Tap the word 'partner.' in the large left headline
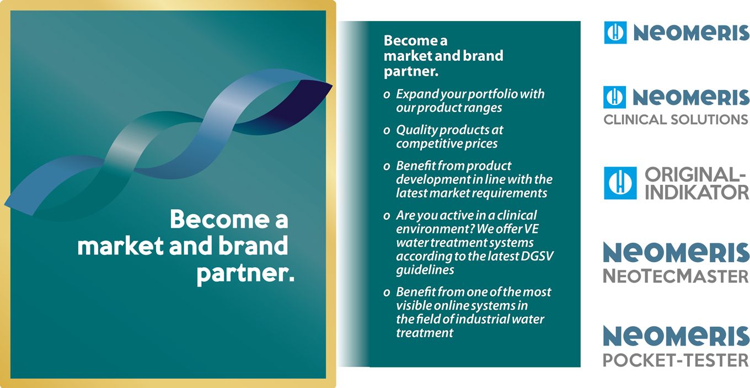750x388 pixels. coord(245,274)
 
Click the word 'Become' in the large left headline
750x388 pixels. coord(219,220)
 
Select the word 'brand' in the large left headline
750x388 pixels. coord(253,246)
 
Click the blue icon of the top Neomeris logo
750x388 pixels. coord(615,33)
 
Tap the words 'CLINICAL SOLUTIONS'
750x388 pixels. coord(676,120)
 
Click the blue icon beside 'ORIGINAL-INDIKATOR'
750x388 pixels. coord(620,183)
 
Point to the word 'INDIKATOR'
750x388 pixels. coord(697,192)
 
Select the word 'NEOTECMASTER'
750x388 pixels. coord(676,277)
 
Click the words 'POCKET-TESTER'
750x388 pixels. coord(676,360)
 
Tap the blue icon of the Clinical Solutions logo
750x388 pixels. coord(614,97)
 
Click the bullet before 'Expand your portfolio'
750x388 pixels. coord(387,95)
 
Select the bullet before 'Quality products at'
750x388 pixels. coord(387,131)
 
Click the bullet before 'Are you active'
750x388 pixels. coord(387,216)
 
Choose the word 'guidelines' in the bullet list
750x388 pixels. coord(425,270)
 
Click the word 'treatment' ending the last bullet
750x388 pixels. coord(425,333)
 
